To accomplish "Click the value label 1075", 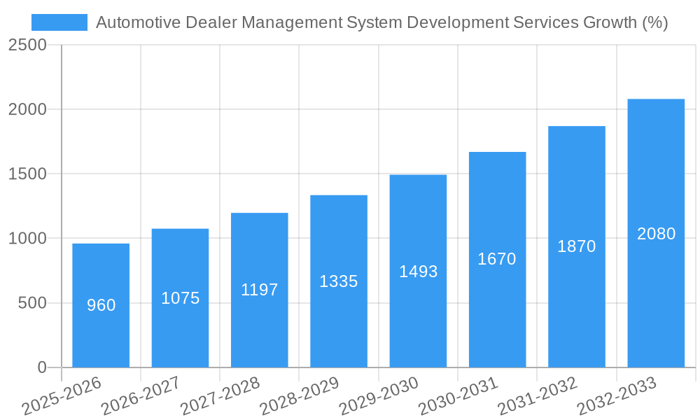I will coord(181,298).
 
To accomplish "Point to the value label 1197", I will coord(260,290).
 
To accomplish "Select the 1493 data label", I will coord(419,272).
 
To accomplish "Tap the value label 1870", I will coord(577,246).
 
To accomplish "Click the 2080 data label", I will coord(657,234).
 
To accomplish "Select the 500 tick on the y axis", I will coord(33,303).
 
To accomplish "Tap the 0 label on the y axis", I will coord(42,367).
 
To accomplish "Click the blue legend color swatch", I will coord(59,22).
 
